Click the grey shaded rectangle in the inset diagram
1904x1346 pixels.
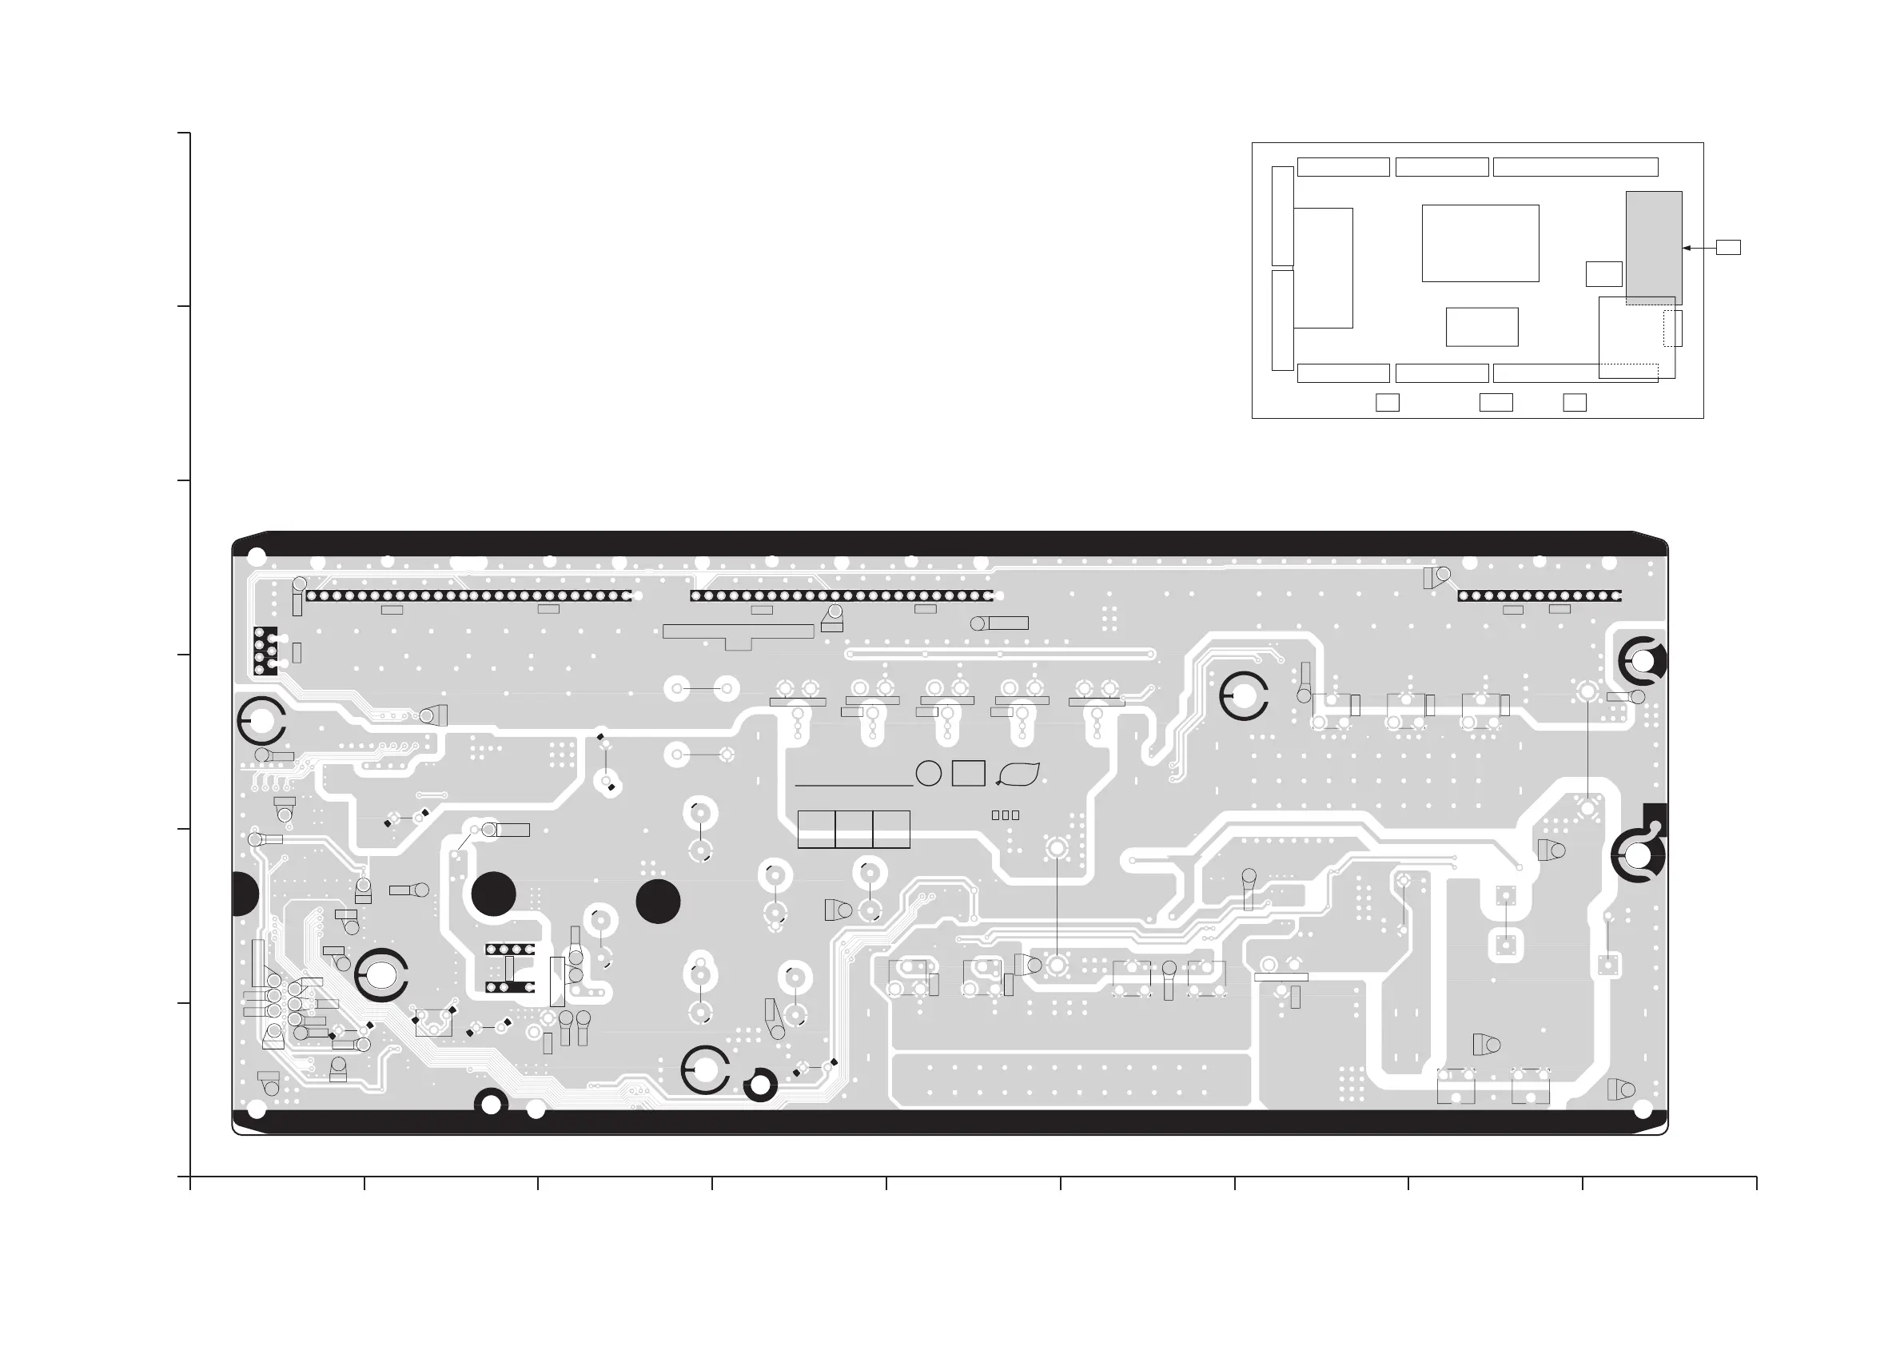click(1654, 247)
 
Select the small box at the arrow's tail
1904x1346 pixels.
click(1728, 247)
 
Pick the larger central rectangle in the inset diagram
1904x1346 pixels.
click(1480, 243)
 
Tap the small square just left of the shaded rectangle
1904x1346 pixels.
click(1603, 273)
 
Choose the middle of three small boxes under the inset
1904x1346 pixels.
click(1496, 402)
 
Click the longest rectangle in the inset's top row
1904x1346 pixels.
click(1575, 167)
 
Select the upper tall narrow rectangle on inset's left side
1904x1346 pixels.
click(1282, 216)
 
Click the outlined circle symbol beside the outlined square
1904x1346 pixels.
click(929, 773)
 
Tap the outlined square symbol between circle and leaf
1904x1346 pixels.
click(969, 773)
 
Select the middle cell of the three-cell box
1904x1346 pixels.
click(854, 830)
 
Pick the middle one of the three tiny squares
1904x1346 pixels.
click(1005, 815)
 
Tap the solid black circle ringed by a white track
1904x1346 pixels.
click(493, 894)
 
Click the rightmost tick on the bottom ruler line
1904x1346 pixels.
click(1756, 1183)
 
